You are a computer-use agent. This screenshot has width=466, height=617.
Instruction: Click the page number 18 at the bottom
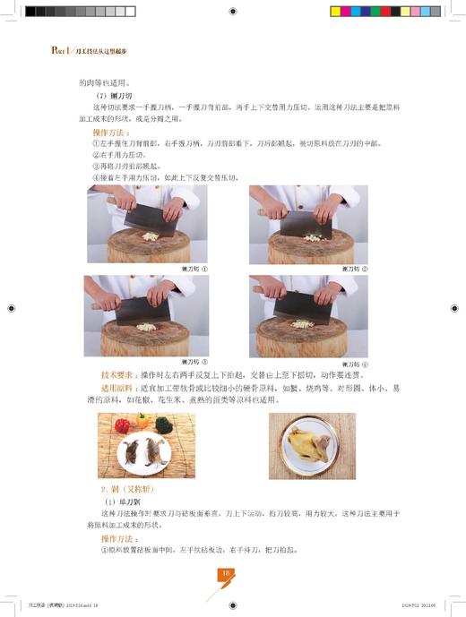point(227,572)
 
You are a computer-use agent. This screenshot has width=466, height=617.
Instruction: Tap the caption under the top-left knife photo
point(194,268)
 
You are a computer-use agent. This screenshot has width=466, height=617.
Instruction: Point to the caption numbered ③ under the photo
point(194,361)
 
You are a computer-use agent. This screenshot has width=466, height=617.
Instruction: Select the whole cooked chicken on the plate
point(308,445)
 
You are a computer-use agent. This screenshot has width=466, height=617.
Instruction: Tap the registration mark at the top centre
point(233,12)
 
